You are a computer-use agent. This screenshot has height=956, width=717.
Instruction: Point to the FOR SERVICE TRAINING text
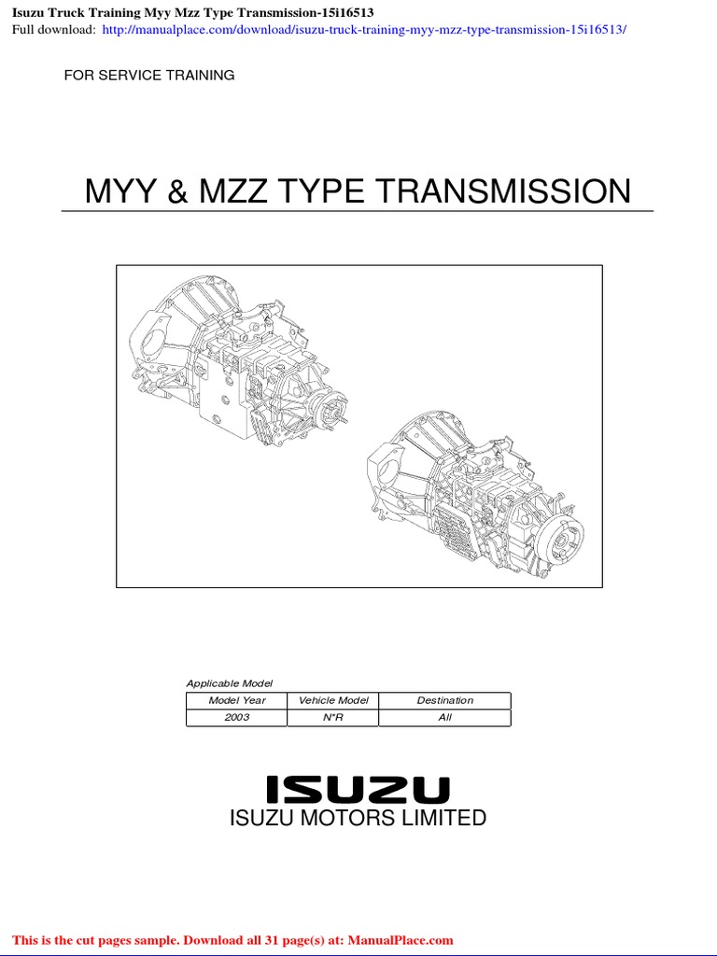pyautogui.click(x=149, y=75)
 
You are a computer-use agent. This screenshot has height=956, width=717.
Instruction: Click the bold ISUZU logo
pyautogui.click(x=358, y=790)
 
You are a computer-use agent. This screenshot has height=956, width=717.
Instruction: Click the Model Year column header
pyautogui.click(x=237, y=700)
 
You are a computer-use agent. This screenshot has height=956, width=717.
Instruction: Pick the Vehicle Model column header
pyautogui.click(x=333, y=700)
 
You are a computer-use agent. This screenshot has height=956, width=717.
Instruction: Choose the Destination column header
pyautogui.click(x=444, y=700)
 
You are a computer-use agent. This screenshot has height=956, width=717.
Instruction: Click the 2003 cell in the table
pyautogui.click(x=237, y=717)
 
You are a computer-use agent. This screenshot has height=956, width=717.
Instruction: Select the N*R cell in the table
pyautogui.click(x=333, y=717)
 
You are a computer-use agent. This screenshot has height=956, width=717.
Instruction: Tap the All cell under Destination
pyautogui.click(x=444, y=717)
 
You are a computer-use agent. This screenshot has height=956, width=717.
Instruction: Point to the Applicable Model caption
pyautogui.click(x=230, y=683)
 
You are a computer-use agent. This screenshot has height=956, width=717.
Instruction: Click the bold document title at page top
pyautogui.click(x=192, y=11)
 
